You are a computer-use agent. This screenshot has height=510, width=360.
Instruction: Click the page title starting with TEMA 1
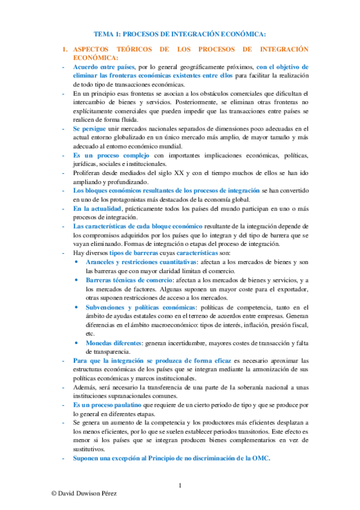180,34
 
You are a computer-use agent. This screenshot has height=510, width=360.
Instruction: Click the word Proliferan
88,173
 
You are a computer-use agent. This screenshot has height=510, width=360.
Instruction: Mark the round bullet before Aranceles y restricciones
75,263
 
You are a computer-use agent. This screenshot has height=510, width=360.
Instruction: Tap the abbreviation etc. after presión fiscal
91,334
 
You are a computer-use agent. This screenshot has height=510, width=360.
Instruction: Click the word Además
85,388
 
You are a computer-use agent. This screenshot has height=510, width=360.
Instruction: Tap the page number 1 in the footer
180,485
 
